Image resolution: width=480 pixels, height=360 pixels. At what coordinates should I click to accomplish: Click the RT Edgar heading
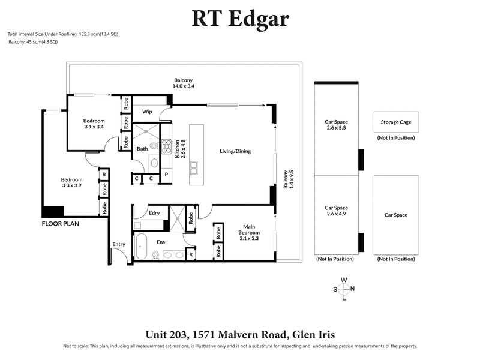tap(240, 19)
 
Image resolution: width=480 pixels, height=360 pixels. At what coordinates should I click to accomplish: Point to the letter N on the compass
tap(352, 289)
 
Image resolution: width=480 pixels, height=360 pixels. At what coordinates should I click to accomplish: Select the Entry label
tap(118, 244)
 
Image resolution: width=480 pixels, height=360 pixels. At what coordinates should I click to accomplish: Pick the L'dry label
tap(154, 213)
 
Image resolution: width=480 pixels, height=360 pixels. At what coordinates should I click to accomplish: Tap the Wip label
tap(146, 112)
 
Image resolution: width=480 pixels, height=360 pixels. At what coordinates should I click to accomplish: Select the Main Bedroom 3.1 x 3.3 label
tap(249, 232)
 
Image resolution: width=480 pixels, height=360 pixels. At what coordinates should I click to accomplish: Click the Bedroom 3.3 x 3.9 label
tap(71, 182)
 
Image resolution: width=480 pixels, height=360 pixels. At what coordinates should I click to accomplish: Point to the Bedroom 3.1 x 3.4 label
tap(94, 124)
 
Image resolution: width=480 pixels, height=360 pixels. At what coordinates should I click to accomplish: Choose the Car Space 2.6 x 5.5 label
tap(336, 125)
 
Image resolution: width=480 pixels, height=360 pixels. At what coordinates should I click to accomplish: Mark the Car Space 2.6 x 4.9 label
tap(336, 209)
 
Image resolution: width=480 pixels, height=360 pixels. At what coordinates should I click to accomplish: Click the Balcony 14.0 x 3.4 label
tap(184, 83)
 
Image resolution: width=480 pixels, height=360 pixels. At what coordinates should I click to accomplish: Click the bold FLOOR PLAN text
tap(61, 223)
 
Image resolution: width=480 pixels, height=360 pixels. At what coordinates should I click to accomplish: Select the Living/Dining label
tap(235, 151)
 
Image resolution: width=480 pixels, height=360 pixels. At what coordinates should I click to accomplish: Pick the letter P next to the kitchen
tap(166, 178)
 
